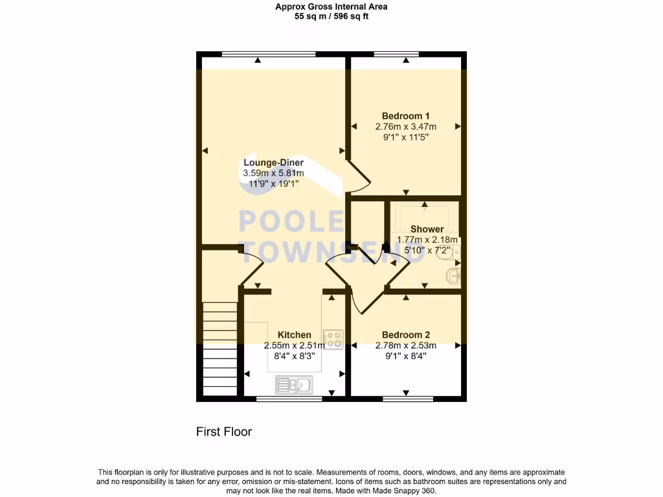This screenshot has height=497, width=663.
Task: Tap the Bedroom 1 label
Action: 406,116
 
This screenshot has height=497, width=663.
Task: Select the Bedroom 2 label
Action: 406,335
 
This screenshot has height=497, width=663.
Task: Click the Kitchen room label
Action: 295,335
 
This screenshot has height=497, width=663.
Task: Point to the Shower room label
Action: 427,229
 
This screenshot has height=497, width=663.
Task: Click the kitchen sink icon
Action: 294,384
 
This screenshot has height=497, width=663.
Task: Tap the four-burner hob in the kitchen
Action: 333,340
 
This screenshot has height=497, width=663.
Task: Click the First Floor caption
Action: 224,432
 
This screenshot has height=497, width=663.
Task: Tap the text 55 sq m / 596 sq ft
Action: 331,16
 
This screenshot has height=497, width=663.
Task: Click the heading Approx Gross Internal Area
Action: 331,7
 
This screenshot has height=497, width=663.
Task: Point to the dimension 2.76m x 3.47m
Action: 406,127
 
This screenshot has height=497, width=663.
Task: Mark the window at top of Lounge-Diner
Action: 268,53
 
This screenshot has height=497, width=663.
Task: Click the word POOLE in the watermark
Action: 291,221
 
